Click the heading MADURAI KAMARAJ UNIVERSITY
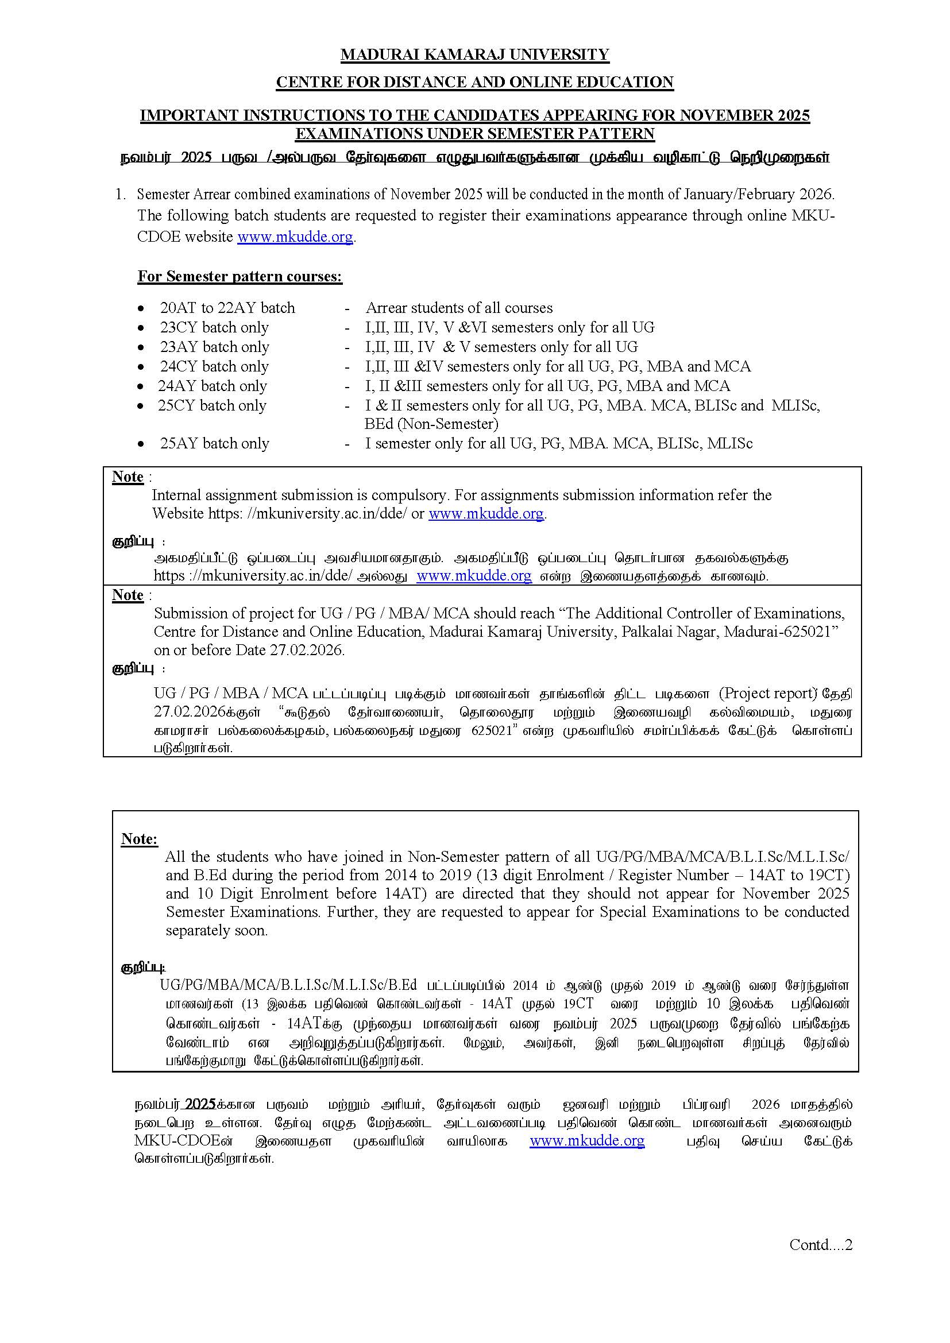(474, 55)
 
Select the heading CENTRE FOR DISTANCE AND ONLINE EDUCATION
(474, 83)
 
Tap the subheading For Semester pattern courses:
(240, 277)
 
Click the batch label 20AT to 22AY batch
(227, 308)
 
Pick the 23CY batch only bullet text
(215, 327)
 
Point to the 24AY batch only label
(213, 386)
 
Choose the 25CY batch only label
(213, 405)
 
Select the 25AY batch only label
(215, 443)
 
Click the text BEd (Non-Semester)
(431, 424)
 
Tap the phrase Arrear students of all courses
(459, 308)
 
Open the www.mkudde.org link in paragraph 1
(295, 237)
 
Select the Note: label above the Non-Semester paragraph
(139, 839)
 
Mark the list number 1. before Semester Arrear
(121, 195)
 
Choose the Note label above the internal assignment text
(128, 477)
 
